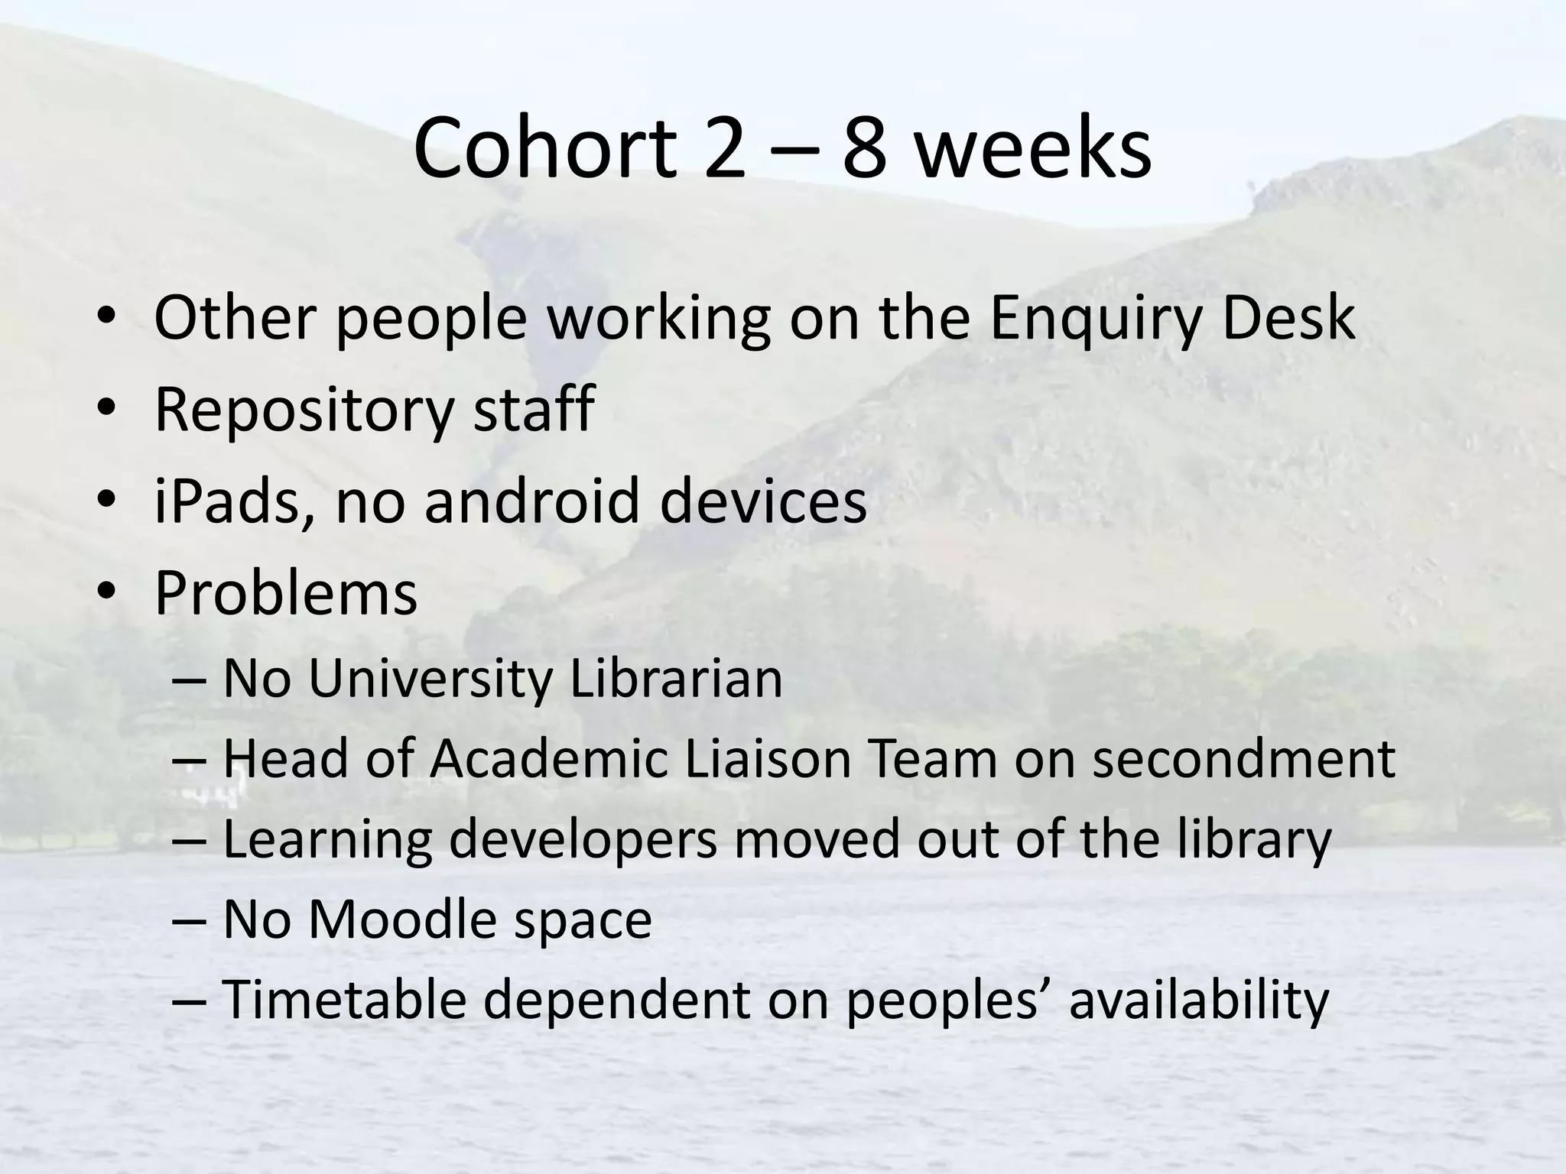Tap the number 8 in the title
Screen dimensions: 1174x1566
[864, 148]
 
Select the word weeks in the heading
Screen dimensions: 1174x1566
[1032, 148]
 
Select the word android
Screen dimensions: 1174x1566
[531, 501]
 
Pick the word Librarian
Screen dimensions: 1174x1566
[676, 679]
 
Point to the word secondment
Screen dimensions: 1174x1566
[1243, 759]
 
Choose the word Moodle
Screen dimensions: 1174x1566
[404, 919]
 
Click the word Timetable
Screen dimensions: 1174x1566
[344, 1000]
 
